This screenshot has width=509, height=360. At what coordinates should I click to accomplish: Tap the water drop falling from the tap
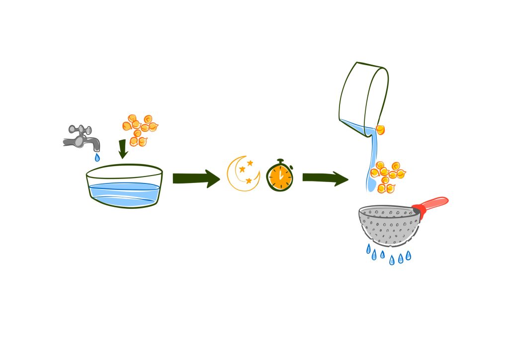tap(97, 158)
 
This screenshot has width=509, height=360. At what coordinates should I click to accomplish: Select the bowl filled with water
tap(125, 186)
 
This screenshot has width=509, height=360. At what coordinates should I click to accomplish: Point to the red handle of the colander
tap(432, 204)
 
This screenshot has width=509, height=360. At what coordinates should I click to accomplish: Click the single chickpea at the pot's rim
tap(380, 130)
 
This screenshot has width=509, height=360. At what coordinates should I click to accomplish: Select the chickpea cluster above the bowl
tap(140, 129)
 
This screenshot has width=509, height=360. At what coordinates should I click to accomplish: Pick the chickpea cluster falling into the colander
tap(388, 176)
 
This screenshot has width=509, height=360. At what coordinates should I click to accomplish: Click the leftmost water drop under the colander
tap(368, 248)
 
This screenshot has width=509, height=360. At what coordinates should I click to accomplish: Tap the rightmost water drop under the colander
tap(408, 255)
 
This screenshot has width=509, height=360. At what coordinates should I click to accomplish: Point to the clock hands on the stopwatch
tap(280, 176)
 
